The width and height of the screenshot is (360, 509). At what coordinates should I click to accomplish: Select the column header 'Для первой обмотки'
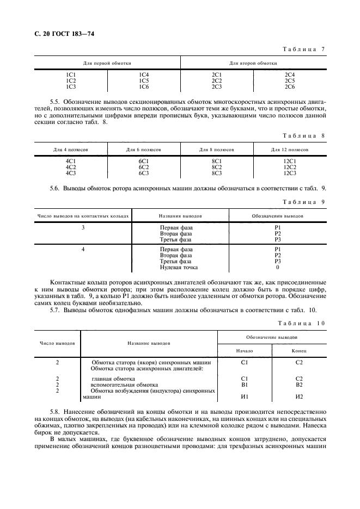tap(107, 63)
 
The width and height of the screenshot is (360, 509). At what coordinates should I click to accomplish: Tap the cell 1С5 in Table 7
tap(144, 80)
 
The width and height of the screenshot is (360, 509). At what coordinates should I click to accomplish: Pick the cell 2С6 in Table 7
tap(289, 86)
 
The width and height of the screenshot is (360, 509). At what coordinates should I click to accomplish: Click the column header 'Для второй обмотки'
tap(253, 63)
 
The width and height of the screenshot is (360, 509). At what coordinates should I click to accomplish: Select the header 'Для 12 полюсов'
tap(289, 148)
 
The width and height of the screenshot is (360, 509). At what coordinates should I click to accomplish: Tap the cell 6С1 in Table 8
tap(144, 160)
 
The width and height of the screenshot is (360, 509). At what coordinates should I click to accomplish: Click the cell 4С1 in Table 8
tap(71, 160)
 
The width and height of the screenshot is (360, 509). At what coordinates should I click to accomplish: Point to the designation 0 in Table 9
tap(277, 267)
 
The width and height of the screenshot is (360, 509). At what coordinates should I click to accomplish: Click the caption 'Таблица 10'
tap(302, 323)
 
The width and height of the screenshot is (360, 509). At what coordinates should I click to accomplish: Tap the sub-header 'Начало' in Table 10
tap(244, 351)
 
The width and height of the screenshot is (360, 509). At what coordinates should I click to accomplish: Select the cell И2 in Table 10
tap(298, 397)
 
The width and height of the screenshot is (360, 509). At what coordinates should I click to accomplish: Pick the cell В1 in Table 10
tap(244, 384)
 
